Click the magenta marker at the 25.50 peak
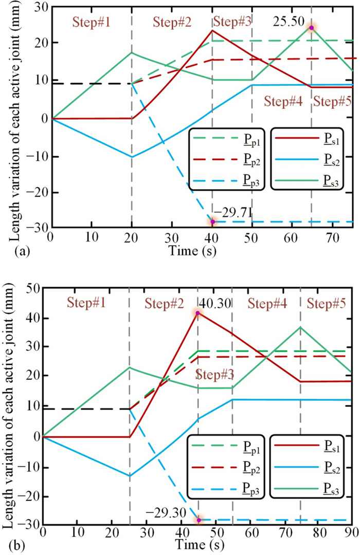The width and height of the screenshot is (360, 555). [x=311, y=28]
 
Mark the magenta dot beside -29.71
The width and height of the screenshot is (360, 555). [x=212, y=222]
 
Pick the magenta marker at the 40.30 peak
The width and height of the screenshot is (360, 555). [x=197, y=312]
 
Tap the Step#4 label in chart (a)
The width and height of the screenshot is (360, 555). [x=282, y=100]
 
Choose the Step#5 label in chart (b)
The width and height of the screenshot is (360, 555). [x=326, y=302]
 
